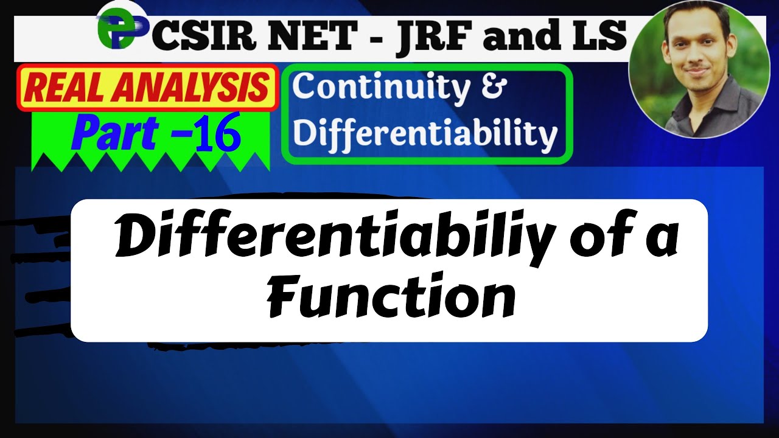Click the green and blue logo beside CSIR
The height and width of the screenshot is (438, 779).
pyautogui.click(x=120, y=30)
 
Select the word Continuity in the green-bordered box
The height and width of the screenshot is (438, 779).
pyautogui.click(x=381, y=88)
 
